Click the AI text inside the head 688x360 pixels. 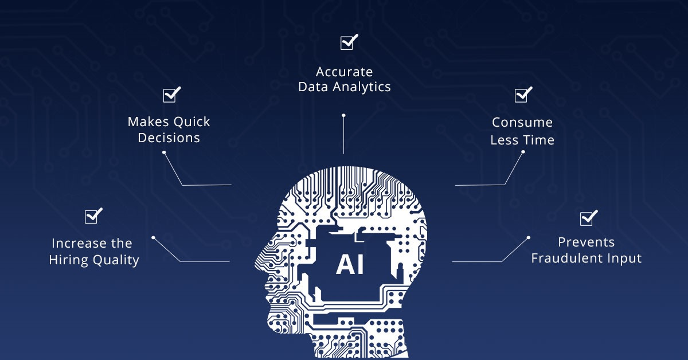(x=350, y=264)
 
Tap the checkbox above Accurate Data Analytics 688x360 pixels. (x=349, y=42)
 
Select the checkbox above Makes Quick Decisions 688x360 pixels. (x=171, y=95)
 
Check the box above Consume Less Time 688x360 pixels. (x=523, y=95)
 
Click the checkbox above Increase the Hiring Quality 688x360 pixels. (x=93, y=216)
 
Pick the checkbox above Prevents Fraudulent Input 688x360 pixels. (x=589, y=218)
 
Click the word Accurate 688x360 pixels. (x=345, y=72)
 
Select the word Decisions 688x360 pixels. (x=169, y=138)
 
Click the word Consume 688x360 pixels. (x=522, y=122)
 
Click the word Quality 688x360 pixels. (x=116, y=260)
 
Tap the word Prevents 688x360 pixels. (x=587, y=242)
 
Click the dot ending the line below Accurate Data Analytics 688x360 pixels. (x=343, y=115)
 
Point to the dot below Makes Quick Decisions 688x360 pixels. (x=164, y=152)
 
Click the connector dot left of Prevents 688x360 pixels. (x=529, y=237)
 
